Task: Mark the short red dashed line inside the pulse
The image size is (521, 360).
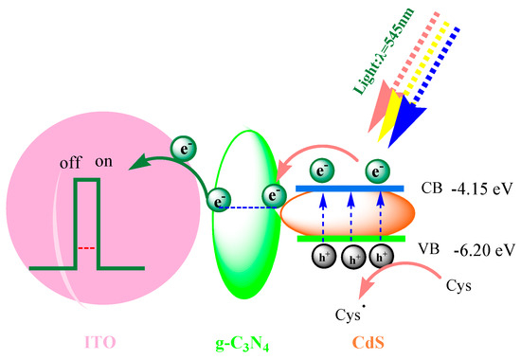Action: (87, 247)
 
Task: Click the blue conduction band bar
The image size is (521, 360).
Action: (350, 189)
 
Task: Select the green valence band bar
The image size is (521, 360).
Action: (348, 239)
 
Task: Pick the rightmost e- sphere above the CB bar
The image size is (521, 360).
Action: (378, 171)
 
